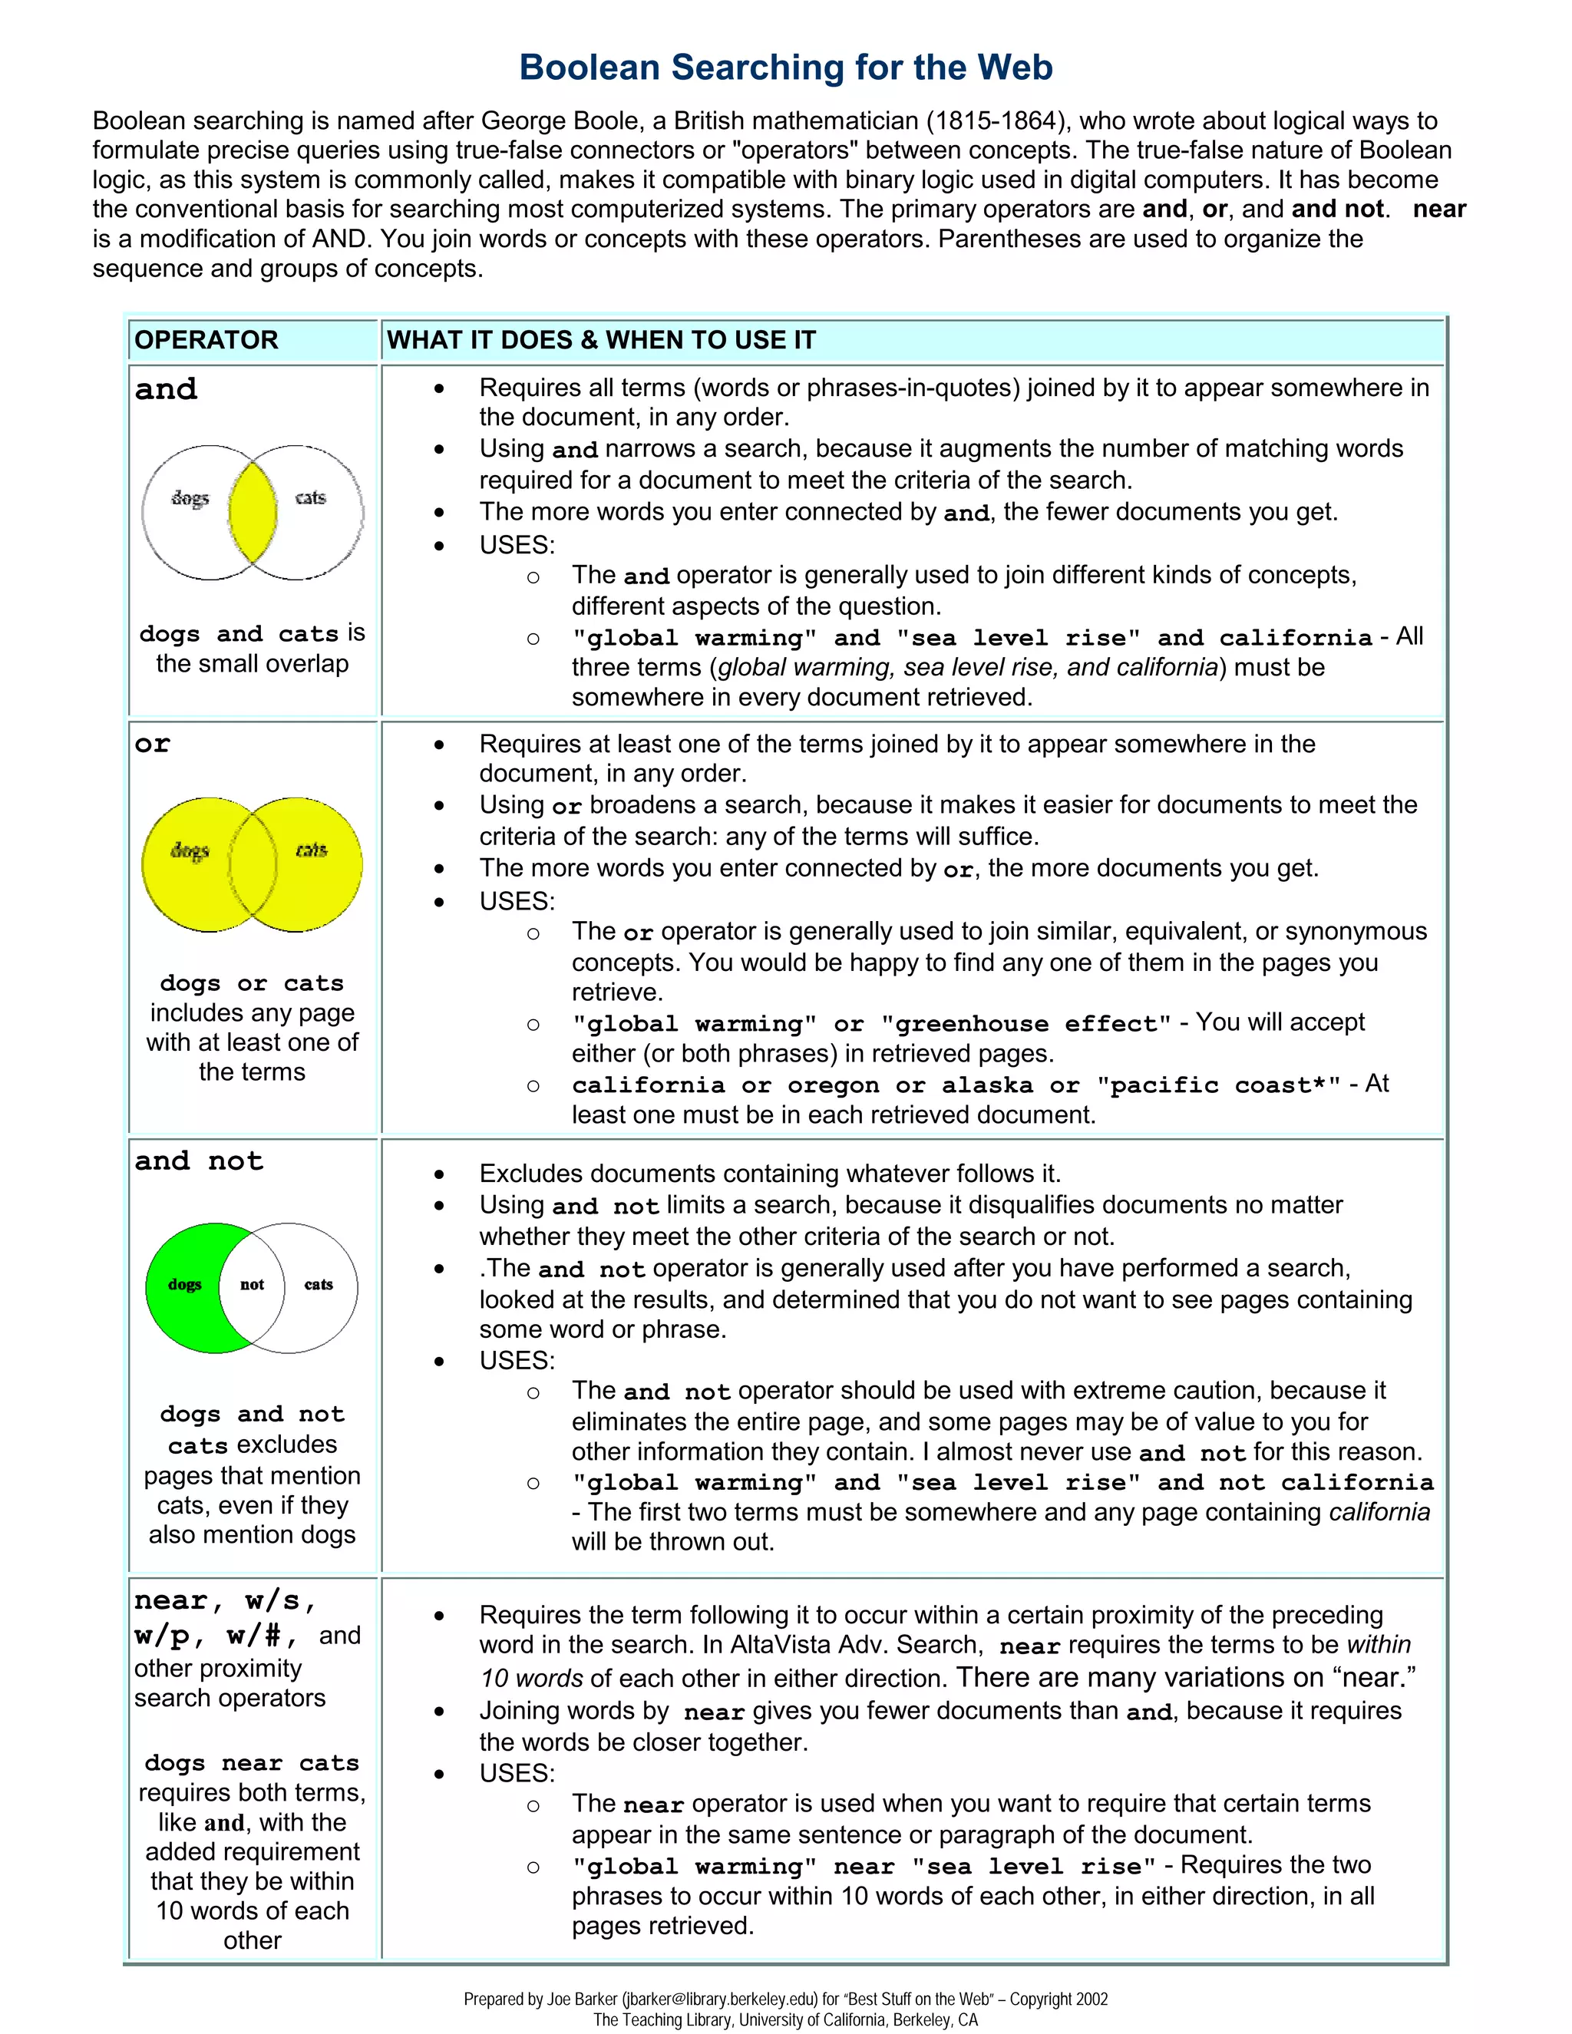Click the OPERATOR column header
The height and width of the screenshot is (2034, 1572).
(206, 340)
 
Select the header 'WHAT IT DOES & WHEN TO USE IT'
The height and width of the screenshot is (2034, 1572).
(601, 340)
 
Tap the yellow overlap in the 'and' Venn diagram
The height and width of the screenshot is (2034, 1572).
(253, 512)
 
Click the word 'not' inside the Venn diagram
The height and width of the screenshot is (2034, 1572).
(253, 1284)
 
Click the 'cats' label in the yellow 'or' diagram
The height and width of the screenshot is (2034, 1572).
(311, 850)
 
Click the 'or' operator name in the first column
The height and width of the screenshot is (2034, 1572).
(153, 744)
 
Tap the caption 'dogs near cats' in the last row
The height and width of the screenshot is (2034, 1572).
(252, 1763)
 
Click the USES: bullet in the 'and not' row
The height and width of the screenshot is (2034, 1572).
(517, 1361)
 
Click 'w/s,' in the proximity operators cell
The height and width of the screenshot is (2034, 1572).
(280, 1601)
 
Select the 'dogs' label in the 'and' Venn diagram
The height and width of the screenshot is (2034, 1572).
(190, 498)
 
